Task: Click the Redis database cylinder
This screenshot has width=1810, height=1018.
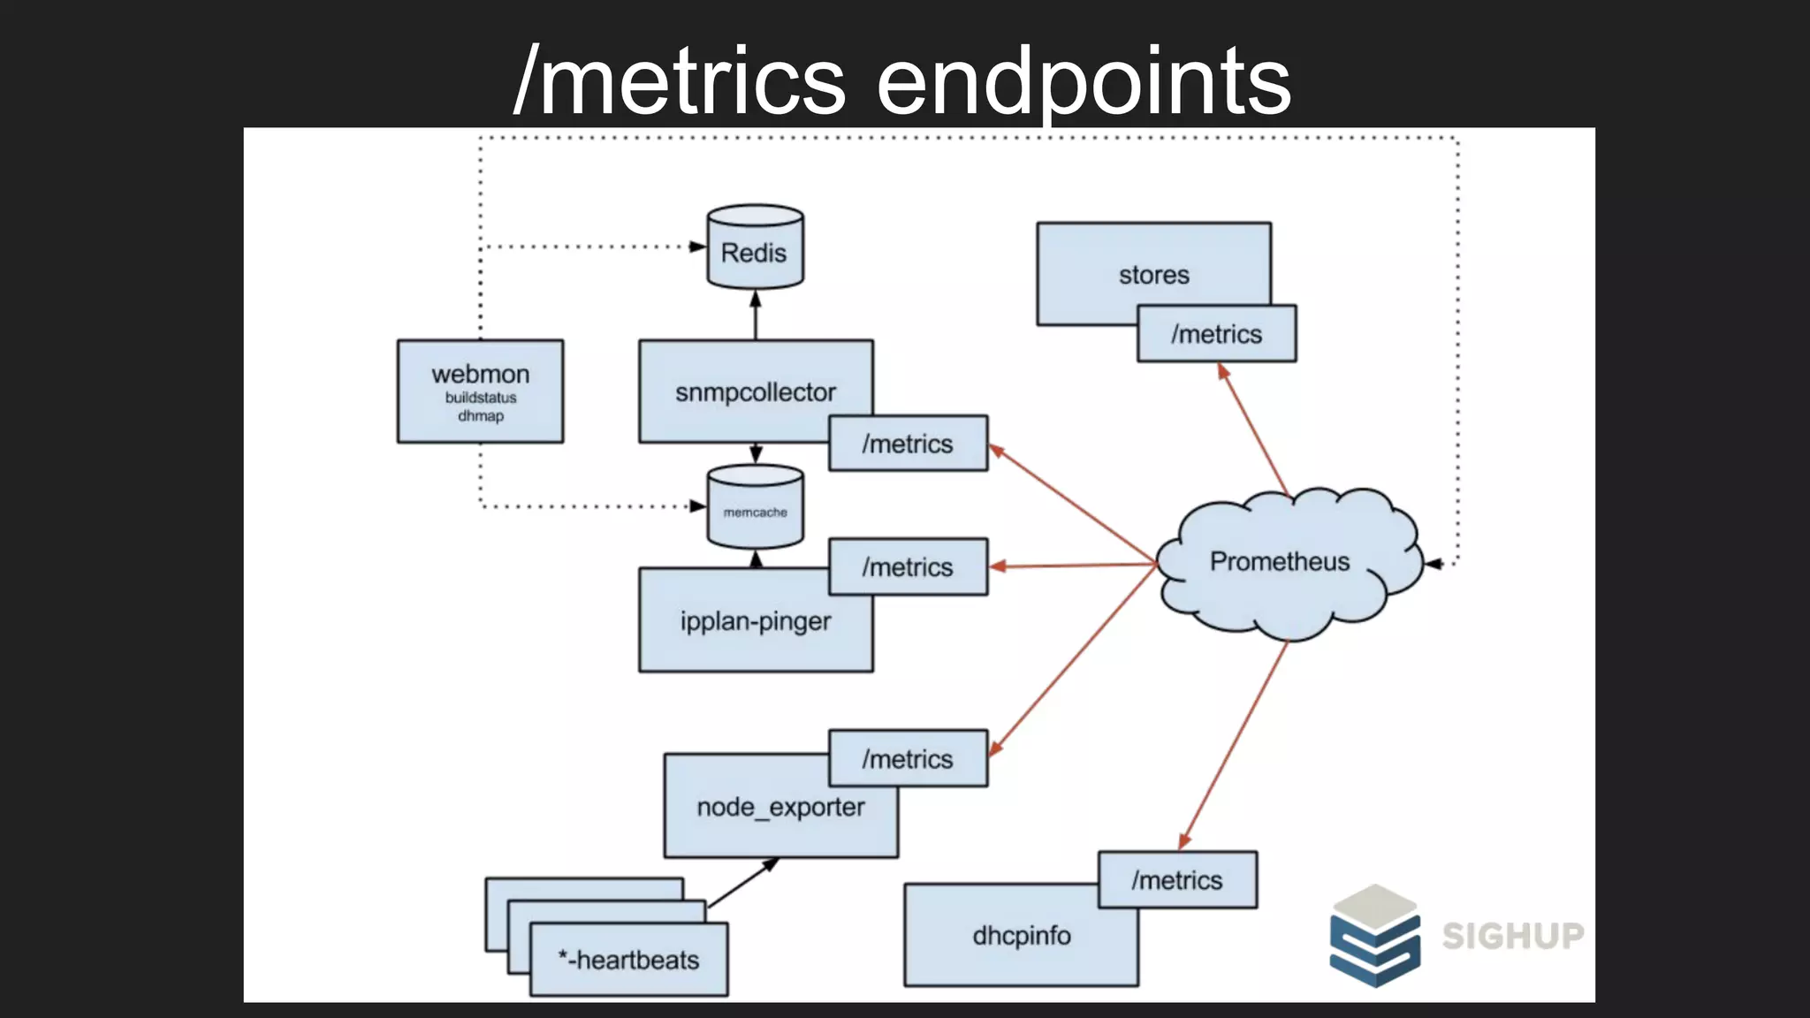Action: pyautogui.click(x=755, y=248)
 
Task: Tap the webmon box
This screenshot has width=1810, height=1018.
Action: pyautogui.click(x=480, y=391)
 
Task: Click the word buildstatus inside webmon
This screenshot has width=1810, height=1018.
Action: pyautogui.click(x=480, y=398)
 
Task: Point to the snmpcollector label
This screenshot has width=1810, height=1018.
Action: pyautogui.click(x=755, y=392)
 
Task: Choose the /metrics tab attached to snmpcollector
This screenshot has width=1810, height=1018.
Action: pyautogui.click(x=908, y=444)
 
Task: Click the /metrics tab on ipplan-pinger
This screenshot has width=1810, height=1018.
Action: pyautogui.click(x=908, y=566)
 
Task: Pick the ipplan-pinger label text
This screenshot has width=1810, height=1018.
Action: pyautogui.click(x=755, y=621)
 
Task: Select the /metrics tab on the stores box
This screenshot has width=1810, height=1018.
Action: pyautogui.click(x=1216, y=334)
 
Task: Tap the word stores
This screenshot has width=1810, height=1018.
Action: pyautogui.click(x=1153, y=275)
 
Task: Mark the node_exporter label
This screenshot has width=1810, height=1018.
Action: pyautogui.click(x=780, y=807)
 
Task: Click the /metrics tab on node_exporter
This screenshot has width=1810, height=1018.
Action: pyautogui.click(x=908, y=759)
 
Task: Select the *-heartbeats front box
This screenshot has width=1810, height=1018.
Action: pyautogui.click(x=628, y=960)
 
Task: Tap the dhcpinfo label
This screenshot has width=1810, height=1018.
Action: pyautogui.click(x=1021, y=936)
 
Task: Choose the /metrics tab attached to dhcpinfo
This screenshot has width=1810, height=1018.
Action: pyautogui.click(x=1177, y=880)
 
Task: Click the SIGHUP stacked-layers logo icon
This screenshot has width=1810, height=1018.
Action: pyautogui.click(x=1374, y=936)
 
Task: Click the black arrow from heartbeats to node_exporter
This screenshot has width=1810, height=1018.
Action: pyautogui.click(x=742, y=883)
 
